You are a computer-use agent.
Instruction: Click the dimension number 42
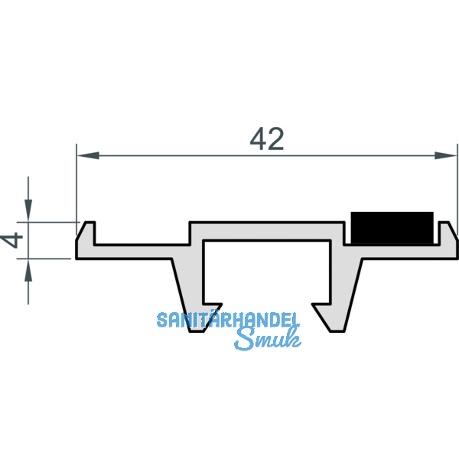pyautogui.click(x=267, y=138)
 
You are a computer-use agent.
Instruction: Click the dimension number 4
pyautogui.click(x=12, y=240)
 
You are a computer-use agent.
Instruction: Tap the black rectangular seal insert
pyautogui.click(x=391, y=227)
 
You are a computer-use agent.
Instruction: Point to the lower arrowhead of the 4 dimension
pyautogui.click(x=28, y=269)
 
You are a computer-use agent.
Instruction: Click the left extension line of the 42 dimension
pyautogui.click(x=76, y=184)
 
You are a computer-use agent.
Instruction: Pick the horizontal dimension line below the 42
pyautogui.click(x=191, y=155)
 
